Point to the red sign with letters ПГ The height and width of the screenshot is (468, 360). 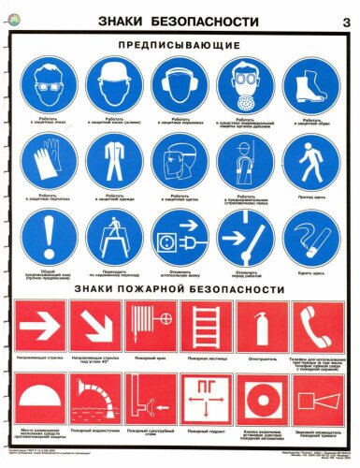click(208, 399)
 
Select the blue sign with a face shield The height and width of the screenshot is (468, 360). click(174, 162)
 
